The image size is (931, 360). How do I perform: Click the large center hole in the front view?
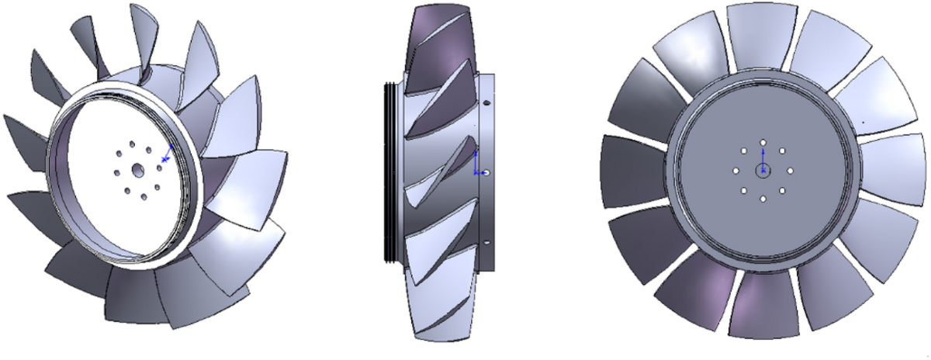763,171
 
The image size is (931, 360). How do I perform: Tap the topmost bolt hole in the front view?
763,142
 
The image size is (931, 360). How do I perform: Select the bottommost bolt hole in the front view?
763,199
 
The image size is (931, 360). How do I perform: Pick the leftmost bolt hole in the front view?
735,171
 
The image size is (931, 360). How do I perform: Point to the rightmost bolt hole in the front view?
792,171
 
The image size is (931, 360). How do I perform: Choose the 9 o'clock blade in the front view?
632,171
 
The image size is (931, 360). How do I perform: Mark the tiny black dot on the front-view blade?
862,122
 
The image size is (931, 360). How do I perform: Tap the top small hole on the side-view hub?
486,102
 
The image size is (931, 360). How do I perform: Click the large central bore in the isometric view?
137,170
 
